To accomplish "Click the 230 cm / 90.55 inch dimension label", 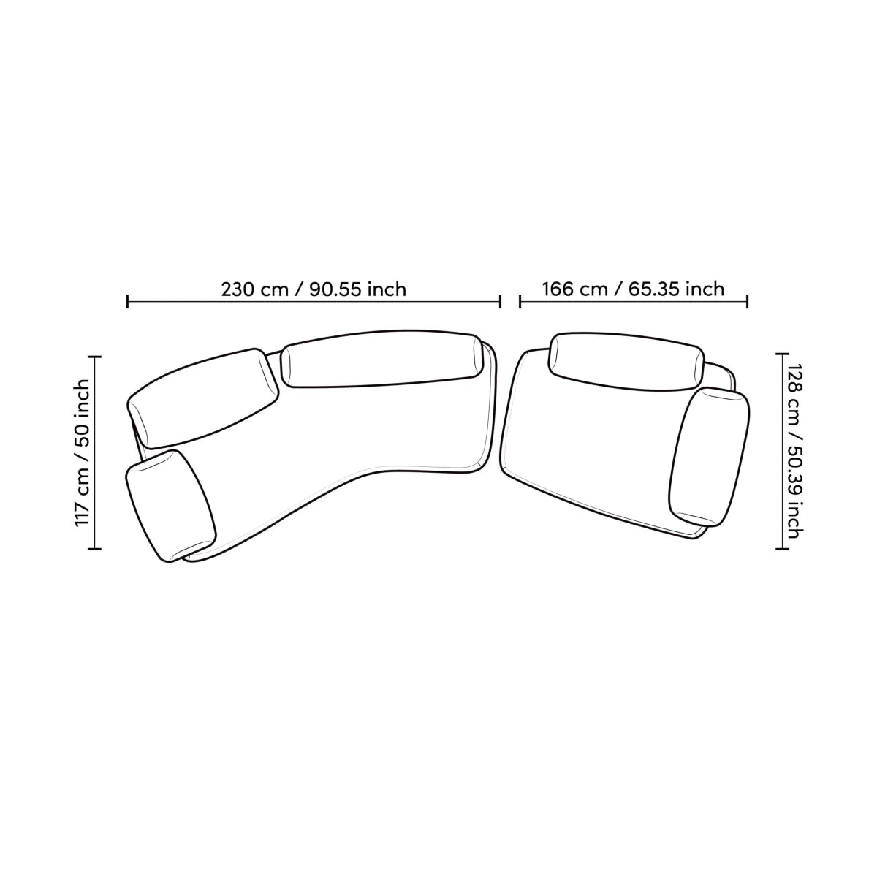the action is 314,289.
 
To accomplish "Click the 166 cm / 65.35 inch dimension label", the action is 633,289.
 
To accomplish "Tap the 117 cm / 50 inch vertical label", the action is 83,453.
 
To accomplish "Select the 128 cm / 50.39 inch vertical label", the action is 794,451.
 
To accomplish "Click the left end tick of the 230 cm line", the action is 127,301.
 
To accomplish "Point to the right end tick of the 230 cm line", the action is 500,301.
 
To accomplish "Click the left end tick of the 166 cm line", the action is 520,301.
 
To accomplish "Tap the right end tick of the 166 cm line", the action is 748,301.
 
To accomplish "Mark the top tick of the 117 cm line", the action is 95,357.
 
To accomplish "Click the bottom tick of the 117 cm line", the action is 95,549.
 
